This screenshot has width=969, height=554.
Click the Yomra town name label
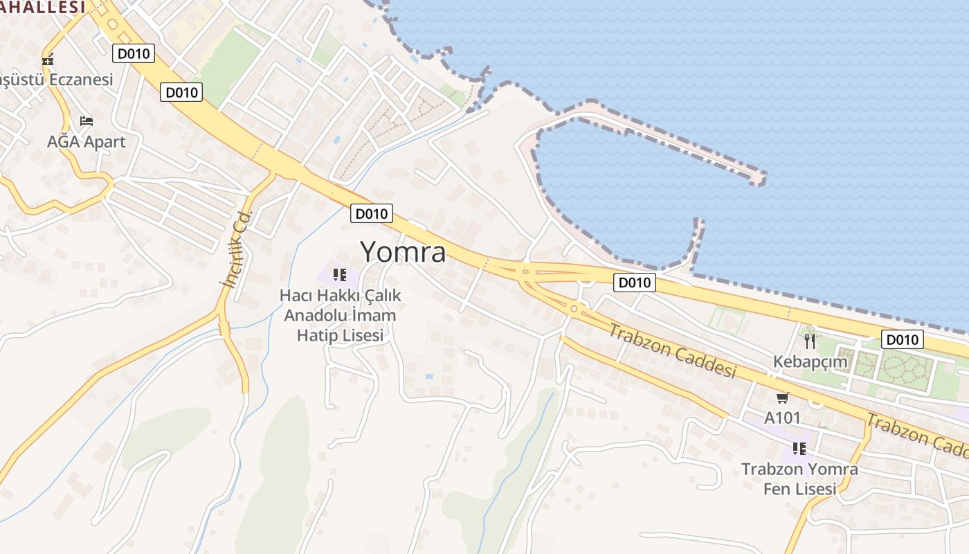[403, 252]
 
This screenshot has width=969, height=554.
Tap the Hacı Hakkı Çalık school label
[340, 315]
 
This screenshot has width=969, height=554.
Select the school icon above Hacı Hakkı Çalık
[339, 275]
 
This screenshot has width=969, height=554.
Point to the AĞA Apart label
[87, 142]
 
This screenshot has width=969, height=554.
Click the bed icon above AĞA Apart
[86, 121]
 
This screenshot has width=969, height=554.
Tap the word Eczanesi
[80, 80]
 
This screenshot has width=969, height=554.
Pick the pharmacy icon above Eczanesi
[48, 60]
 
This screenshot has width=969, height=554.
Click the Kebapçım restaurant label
[810, 361]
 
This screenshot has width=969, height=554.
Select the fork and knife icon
[810, 341]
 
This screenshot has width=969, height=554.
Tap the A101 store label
[782, 418]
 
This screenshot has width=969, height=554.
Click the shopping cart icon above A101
[782, 397]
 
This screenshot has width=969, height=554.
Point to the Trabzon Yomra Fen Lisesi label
[799, 479]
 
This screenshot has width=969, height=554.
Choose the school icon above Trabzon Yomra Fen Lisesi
[799, 448]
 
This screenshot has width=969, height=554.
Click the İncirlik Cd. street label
[235, 249]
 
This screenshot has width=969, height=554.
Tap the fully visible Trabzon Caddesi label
[671, 350]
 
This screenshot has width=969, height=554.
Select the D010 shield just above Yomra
[372, 213]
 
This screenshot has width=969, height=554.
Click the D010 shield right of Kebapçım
[903, 339]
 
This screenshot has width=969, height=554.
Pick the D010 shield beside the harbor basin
[635, 283]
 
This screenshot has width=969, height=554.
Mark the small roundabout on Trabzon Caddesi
[574, 308]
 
